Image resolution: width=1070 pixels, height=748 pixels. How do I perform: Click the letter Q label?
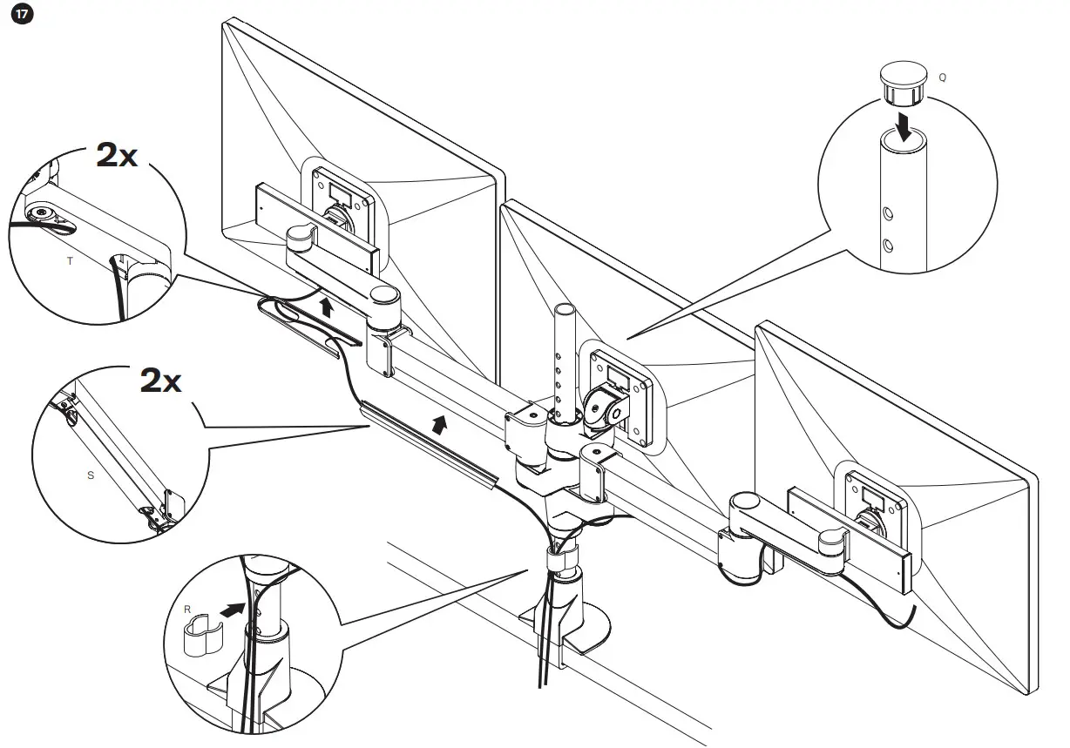[943, 77]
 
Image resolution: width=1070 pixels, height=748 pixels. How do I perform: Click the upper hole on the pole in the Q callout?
[888, 212]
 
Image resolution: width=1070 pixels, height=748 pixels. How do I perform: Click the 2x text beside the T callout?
[116, 155]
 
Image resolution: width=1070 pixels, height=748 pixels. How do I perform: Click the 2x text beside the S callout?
[161, 381]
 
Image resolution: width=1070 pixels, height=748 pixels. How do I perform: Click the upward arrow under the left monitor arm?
[327, 306]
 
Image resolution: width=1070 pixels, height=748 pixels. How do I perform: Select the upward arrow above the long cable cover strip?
[442, 424]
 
